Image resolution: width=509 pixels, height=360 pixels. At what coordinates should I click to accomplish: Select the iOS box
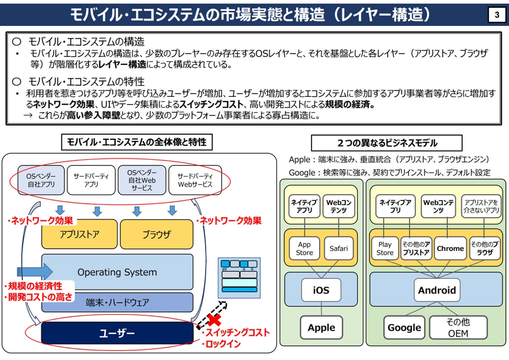321,290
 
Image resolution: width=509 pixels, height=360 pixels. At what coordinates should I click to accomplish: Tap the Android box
437,290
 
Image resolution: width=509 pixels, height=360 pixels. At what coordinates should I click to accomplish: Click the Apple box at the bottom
321,328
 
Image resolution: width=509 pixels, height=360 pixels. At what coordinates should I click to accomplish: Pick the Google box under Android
404,328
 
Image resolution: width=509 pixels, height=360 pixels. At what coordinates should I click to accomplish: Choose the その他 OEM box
458,328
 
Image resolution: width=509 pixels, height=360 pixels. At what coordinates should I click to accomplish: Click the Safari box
338,248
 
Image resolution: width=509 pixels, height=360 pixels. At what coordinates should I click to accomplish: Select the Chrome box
450,248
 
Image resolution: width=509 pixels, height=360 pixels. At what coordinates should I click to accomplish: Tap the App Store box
304,248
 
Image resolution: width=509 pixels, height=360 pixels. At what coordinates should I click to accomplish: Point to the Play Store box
385,248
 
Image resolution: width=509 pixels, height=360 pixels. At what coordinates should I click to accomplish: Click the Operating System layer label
117,273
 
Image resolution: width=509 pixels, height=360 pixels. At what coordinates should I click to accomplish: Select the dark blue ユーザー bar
117,333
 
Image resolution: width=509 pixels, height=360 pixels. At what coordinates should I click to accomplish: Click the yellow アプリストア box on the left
79,234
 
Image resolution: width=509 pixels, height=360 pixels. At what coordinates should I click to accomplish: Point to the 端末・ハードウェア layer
117,303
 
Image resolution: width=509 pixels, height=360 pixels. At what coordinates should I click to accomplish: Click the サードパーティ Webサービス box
195,180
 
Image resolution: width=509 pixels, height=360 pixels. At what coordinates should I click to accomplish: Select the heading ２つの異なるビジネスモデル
386,143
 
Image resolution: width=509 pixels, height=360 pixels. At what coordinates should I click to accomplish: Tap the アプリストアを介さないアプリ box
480,206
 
